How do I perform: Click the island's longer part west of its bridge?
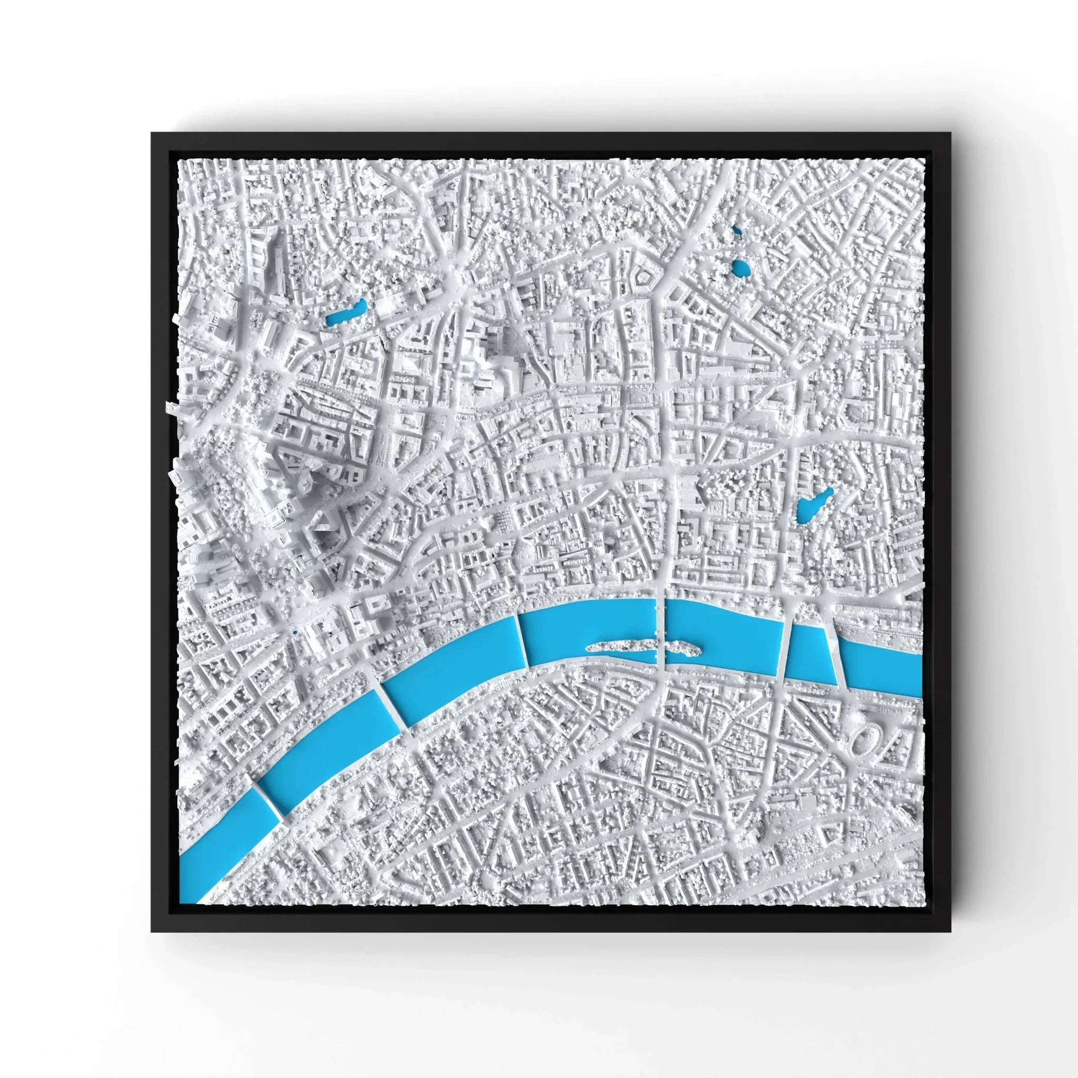[620, 648]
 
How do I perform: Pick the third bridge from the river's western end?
[523, 642]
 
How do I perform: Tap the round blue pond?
[741, 269]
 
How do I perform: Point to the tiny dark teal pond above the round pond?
[737, 230]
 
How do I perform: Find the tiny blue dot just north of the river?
[294, 633]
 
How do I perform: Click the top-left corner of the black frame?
[152, 133]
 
